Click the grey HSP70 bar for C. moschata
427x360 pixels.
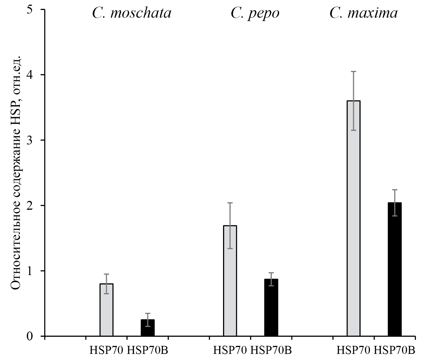(106, 310)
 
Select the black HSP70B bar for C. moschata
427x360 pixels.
(147, 328)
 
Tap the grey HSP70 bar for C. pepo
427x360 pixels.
(230, 281)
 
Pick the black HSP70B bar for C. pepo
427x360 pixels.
(271, 307)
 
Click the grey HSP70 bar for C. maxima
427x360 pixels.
(353, 219)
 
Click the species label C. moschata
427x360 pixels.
(132, 13)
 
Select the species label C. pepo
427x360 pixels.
(255, 13)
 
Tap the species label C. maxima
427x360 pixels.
(364, 13)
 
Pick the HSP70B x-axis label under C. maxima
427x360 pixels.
(394, 350)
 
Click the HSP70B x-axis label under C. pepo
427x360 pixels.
(271, 350)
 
